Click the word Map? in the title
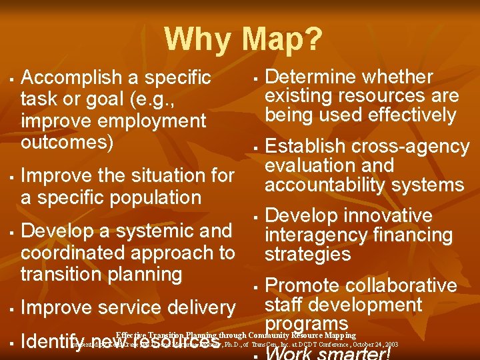pyautogui.click(x=283, y=39)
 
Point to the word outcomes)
pyautogui.click(x=67, y=143)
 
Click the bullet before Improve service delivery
pyautogui.click(x=13, y=309)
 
